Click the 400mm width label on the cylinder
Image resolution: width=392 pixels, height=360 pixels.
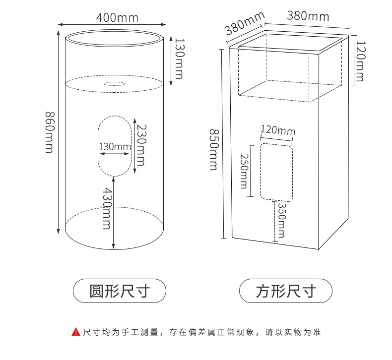pos(117,18)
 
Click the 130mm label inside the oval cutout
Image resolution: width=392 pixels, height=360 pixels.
pos(114,147)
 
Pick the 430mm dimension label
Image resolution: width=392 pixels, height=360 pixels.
pos(106,208)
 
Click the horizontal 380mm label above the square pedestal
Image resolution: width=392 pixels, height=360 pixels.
pos(308,16)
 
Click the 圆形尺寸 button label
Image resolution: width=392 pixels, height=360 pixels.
pos(120,291)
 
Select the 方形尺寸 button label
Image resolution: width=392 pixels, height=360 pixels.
pos(285,291)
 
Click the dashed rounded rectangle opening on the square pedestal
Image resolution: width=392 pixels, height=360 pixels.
pos(277,172)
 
